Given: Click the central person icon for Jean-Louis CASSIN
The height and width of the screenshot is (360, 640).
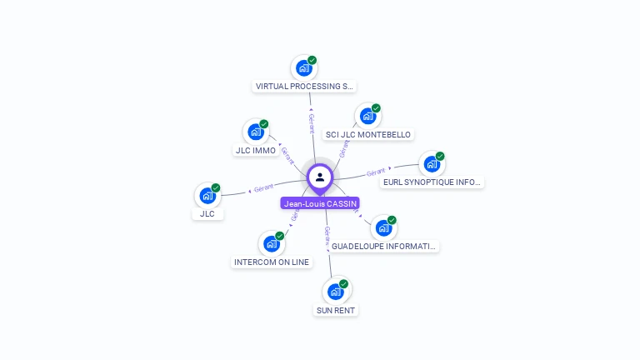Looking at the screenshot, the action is click(x=320, y=177).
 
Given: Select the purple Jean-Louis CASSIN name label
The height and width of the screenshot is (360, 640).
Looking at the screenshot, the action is click(x=320, y=203).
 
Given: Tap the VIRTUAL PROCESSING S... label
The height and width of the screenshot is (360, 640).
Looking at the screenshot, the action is click(x=304, y=86).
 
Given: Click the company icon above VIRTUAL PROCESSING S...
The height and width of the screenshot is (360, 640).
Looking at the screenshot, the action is click(x=303, y=67).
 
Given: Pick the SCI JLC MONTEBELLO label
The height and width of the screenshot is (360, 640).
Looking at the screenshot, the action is click(x=367, y=134).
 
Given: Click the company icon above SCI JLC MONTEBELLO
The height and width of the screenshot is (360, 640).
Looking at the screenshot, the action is click(x=367, y=116).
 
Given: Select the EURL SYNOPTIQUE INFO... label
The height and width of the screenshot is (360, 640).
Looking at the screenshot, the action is click(x=432, y=182).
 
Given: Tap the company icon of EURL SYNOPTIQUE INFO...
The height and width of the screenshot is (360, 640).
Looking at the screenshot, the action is click(x=432, y=163).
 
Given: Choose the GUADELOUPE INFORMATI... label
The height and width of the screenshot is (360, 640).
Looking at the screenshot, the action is click(x=383, y=246).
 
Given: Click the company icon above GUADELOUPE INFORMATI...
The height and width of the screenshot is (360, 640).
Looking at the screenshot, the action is click(x=383, y=227).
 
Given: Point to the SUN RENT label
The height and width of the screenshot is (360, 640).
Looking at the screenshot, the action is click(x=336, y=310).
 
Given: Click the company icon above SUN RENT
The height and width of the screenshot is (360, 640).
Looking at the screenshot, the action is click(x=335, y=292).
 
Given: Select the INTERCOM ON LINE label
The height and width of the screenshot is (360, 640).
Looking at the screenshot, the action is click(x=272, y=262).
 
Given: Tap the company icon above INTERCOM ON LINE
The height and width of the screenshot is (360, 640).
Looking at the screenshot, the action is click(x=271, y=243).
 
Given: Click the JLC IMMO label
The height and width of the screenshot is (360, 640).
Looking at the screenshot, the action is click(x=255, y=150).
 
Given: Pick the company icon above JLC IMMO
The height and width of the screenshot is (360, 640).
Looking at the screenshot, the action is click(x=256, y=131).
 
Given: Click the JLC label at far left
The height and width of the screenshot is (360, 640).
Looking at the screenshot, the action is click(x=207, y=213).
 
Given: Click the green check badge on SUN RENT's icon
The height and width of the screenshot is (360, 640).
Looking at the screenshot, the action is click(x=343, y=284).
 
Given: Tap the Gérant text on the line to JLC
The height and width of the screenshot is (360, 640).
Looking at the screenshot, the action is click(x=263, y=187).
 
